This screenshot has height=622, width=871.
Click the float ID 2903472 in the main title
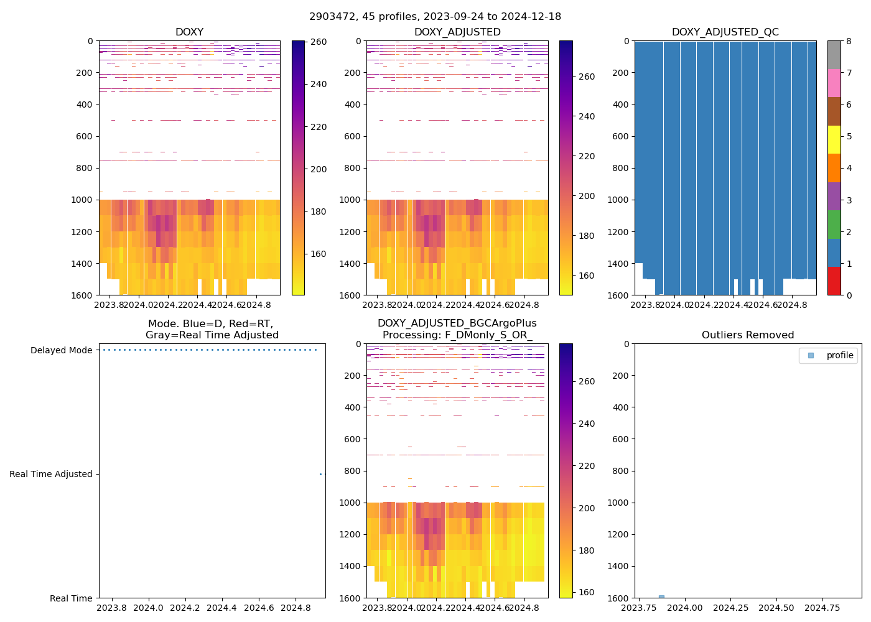click(x=330, y=17)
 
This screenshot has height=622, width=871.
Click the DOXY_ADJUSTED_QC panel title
click(x=725, y=32)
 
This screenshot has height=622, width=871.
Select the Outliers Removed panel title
click(x=747, y=335)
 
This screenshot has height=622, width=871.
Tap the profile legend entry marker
click(x=811, y=355)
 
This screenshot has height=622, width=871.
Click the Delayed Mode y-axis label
click(x=61, y=350)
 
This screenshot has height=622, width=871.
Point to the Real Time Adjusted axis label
click(x=50, y=474)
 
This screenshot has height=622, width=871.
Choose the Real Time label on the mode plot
click(x=71, y=598)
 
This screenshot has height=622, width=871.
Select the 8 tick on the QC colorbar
click(x=849, y=41)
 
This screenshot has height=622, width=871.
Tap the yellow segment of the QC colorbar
click(x=834, y=139)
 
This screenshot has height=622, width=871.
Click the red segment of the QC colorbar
click(x=834, y=281)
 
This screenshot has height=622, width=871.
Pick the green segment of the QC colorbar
click(x=834, y=224)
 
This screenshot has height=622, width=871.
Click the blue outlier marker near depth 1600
click(x=661, y=596)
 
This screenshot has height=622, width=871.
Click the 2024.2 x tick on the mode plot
click(x=185, y=608)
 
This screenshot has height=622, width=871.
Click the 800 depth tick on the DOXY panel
click(x=84, y=168)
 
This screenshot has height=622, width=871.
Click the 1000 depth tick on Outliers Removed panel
click(x=619, y=503)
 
